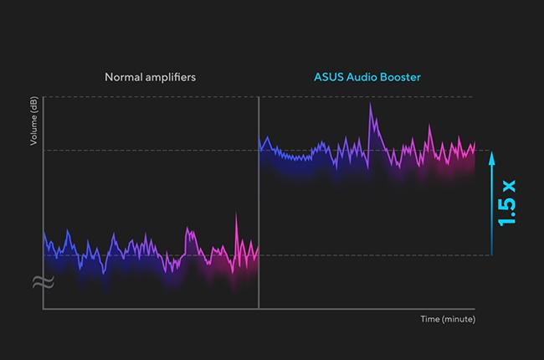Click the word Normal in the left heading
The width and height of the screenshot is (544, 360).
pyautogui.click(x=122, y=77)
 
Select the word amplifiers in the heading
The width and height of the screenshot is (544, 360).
pyautogui.click(x=171, y=77)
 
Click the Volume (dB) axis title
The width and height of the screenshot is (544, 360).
pyautogui.click(x=33, y=122)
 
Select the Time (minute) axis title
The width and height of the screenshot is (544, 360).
pyautogui.click(x=448, y=319)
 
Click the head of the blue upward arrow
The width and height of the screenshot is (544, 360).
pyautogui.click(x=492, y=154)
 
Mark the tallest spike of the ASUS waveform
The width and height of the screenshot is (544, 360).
pyautogui.click(x=370, y=105)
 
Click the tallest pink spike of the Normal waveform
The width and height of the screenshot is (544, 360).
pyautogui.click(x=237, y=215)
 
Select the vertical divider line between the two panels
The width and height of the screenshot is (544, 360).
pyautogui.click(x=259, y=201)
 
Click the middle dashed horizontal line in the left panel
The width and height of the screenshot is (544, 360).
pyautogui.click(x=151, y=151)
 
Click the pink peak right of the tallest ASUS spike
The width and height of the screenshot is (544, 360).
pyautogui.click(x=429, y=126)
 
